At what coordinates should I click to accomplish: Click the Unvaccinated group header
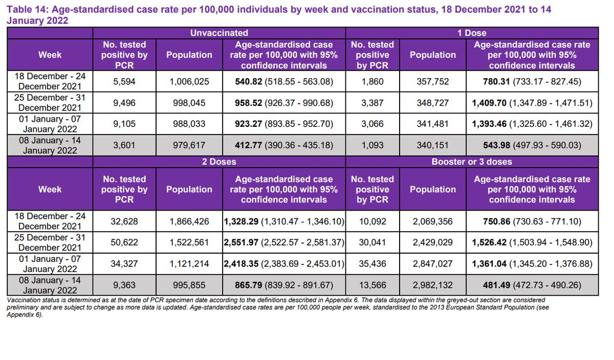(x=220, y=33)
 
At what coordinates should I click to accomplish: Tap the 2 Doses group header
(x=220, y=162)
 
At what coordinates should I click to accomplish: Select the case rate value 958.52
(x=283, y=103)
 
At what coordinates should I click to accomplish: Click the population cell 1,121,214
(x=189, y=264)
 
